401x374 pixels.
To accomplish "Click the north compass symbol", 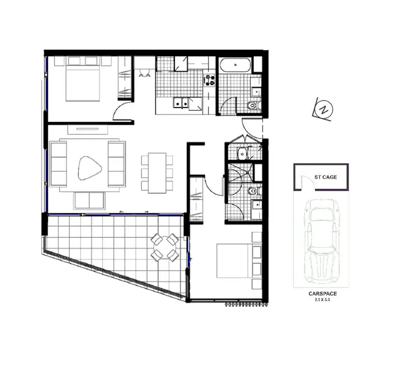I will pos(323,110).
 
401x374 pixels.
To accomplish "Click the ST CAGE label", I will pos(326,177).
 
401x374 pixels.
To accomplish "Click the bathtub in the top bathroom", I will pos(235,66).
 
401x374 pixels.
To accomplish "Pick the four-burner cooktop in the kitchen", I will pos(209,80).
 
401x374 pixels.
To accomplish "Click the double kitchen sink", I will pos(181,103).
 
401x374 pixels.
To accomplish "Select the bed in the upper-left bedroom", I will pos(83,80).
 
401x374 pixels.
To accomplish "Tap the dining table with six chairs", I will pos(157,173).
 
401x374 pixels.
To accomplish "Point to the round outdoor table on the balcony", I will pos(164,247).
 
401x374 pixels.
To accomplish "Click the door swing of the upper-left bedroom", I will pos(122,113).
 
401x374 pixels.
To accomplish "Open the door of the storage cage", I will pos(303,184).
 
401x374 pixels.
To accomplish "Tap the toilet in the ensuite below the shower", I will pos(253,190).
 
